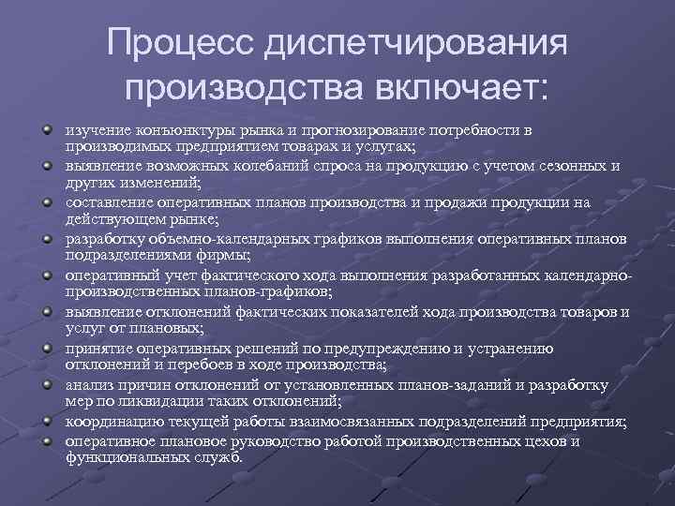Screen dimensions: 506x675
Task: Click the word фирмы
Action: coord(222,256)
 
